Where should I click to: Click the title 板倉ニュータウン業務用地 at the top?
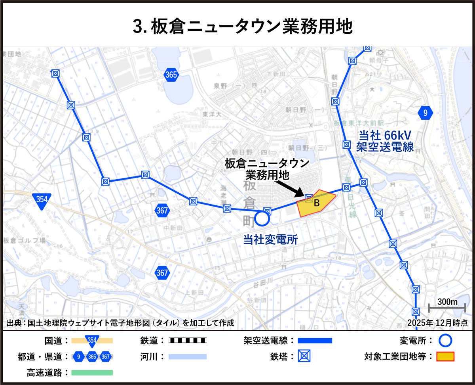pyautogui.click(x=242, y=27)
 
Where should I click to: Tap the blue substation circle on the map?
pyautogui.click(x=262, y=218)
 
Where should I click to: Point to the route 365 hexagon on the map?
pyautogui.click(x=171, y=75)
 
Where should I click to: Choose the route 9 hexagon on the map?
pyautogui.click(x=426, y=113)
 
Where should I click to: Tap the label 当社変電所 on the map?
pyautogui.click(x=270, y=239)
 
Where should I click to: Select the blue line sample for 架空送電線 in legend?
pyautogui.click(x=315, y=340)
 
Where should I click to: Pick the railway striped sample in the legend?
pyautogui.click(x=188, y=340)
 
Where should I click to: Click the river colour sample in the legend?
pyautogui.click(x=188, y=356)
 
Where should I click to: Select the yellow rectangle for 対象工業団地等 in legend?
pyautogui.click(x=445, y=356)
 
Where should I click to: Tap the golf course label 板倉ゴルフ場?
pyautogui.click(x=25, y=240)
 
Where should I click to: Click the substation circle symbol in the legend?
pyautogui.click(x=445, y=340)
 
